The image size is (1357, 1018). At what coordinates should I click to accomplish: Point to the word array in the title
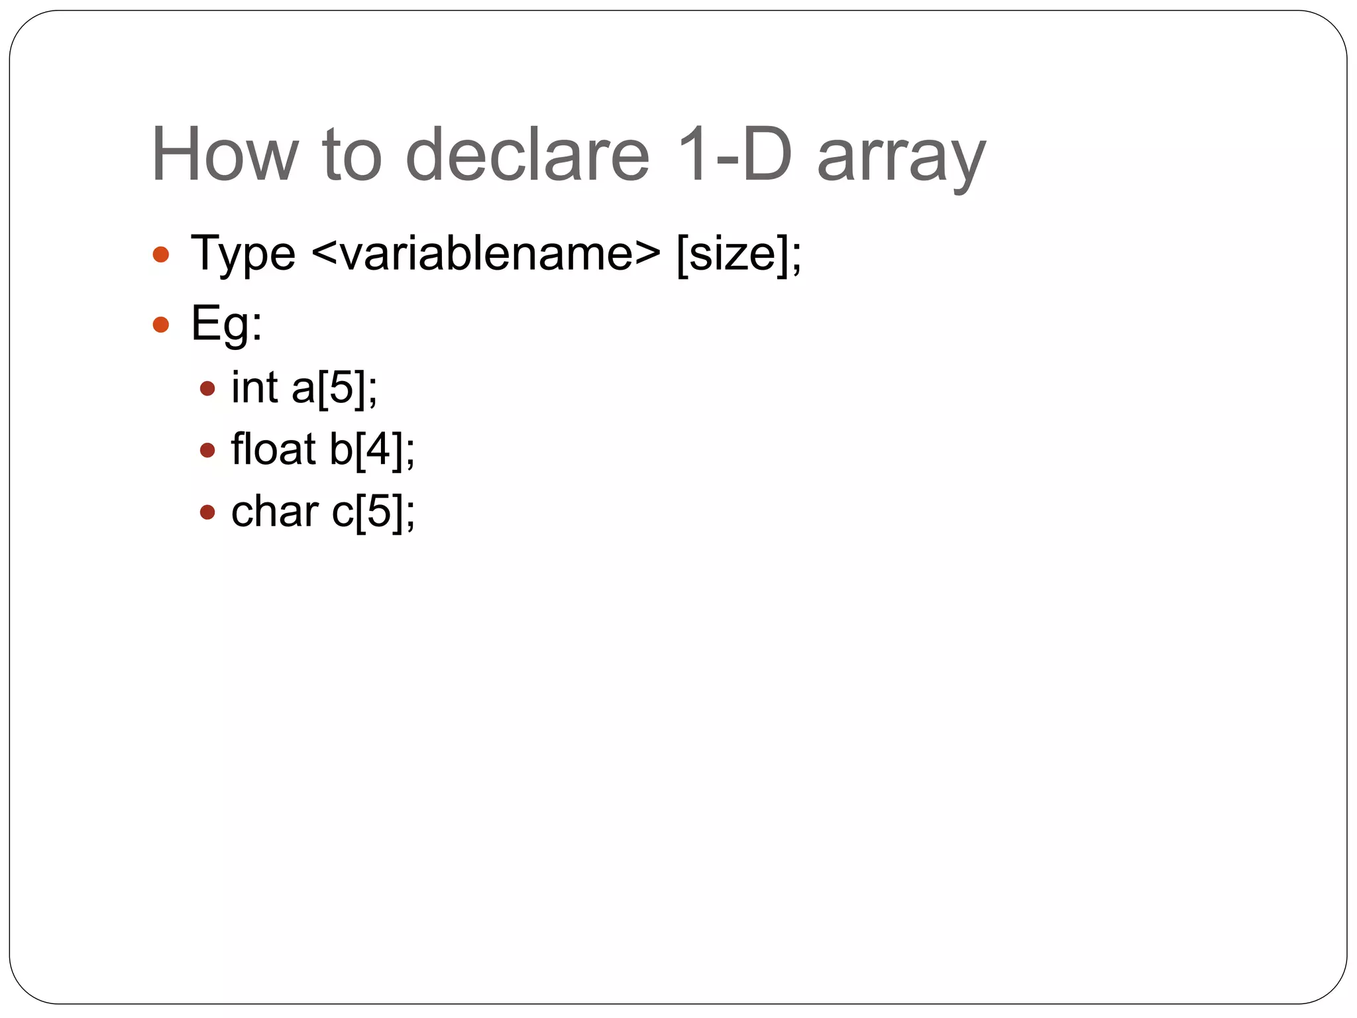(901, 159)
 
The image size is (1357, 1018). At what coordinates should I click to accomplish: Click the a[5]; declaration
(335, 388)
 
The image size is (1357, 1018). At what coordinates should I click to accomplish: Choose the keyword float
(273, 449)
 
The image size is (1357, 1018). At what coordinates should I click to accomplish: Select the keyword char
(275, 512)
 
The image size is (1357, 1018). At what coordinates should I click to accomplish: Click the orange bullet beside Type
(161, 254)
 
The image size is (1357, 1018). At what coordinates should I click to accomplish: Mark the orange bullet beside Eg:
(161, 325)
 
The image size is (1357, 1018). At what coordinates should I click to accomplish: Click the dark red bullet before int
(207, 388)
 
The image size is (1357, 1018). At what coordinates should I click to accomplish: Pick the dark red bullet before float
(207, 451)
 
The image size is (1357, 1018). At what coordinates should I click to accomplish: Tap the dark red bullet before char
(207, 512)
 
